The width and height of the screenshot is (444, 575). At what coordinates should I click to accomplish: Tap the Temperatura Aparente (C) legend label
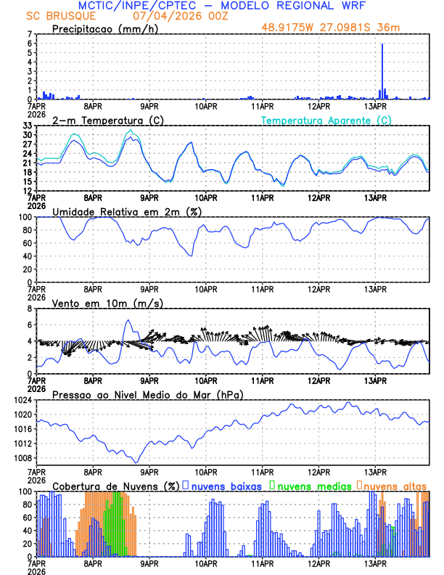click(326, 120)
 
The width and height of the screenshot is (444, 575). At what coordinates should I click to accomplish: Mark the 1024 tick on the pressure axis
click(22, 400)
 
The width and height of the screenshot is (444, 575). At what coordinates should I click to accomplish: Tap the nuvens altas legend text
click(395, 486)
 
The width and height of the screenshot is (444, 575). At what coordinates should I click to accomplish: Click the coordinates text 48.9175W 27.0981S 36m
click(331, 28)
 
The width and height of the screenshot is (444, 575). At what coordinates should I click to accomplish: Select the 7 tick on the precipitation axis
click(30, 34)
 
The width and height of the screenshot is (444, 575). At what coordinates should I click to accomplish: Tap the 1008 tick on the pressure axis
click(22, 457)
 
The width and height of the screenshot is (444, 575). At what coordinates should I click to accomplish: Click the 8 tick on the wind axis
click(30, 309)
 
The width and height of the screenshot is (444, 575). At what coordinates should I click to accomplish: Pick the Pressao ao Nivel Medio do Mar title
click(147, 394)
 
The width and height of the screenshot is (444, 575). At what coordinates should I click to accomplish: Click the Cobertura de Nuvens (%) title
click(115, 486)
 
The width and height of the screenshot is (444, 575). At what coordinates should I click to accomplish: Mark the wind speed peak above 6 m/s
click(128, 320)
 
